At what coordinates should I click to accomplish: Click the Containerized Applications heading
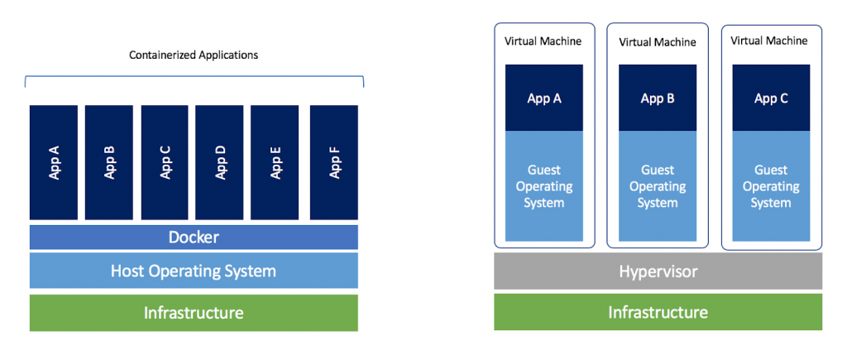coord(194,55)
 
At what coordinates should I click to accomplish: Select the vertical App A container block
coord(54,162)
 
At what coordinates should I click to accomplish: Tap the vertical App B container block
coord(109,162)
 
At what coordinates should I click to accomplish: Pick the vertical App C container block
coord(165,162)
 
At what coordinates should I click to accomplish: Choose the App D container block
coord(219,162)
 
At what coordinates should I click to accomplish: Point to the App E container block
coord(275,162)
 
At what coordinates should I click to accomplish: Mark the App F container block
coord(334,162)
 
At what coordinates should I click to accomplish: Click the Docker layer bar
coord(194,238)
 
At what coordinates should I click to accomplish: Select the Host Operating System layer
coord(194,271)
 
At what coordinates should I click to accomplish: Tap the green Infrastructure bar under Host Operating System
coord(194,313)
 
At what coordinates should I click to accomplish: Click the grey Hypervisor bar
coord(658,271)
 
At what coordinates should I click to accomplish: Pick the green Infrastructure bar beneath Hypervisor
coord(658,312)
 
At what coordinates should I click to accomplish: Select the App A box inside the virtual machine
coord(544,98)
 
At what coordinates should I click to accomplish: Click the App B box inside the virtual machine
coord(658,98)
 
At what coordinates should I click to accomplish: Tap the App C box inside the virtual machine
coord(771,98)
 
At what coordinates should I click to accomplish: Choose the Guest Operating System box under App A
coord(544,186)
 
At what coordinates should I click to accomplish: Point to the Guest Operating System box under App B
coord(658,186)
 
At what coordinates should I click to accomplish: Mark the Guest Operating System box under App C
coord(771,186)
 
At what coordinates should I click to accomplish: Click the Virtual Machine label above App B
coord(658,41)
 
